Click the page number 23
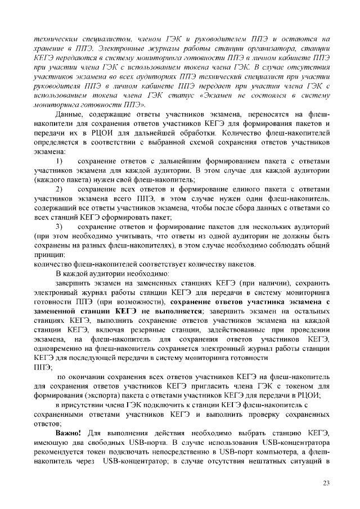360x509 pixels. point(326,483)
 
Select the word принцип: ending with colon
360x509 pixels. point(49,254)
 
